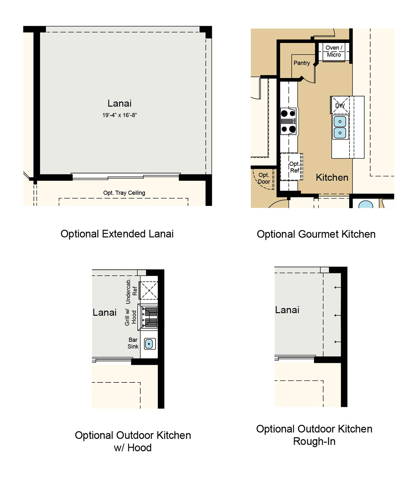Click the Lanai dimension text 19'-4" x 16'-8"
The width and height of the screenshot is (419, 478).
[x=119, y=115]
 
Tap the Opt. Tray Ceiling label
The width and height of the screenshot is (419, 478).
[x=124, y=193]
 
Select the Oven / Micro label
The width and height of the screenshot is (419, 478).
[x=334, y=51]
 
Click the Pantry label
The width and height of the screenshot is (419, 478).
[x=302, y=63]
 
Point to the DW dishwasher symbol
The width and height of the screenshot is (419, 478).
[x=340, y=105]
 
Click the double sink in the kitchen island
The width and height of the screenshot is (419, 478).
[x=340, y=127]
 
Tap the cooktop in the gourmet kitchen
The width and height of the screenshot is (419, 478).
[x=288, y=121]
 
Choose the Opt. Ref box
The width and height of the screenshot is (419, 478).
[x=292, y=167]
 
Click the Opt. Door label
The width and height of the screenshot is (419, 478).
[x=264, y=178]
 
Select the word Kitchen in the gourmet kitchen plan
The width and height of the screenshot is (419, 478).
[x=332, y=177]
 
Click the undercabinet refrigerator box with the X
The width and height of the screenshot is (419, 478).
[x=149, y=290]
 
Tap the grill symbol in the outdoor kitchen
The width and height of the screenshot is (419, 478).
[x=148, y=317]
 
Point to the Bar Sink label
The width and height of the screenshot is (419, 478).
[x=133, y=343]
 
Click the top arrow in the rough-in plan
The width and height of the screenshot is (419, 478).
[x=337, y=287]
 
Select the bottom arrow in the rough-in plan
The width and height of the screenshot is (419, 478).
[x=337, y=342]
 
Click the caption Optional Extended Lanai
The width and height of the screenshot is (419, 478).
[x=117, y=234]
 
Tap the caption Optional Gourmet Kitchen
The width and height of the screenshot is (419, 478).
[x=316, y=234]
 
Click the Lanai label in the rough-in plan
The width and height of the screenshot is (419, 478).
[x=287, y=310]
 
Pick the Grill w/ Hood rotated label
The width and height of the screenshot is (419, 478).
[x=130, y=317]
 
